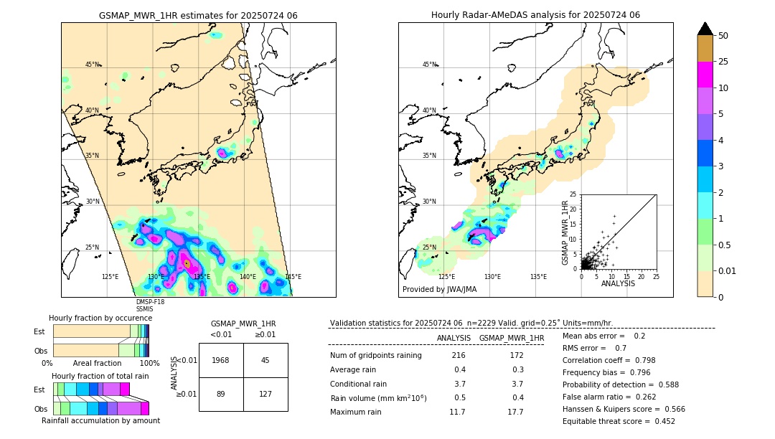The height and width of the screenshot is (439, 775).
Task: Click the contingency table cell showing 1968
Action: (x=221, y=360)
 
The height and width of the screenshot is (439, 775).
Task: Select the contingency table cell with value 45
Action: (x=266, y=360)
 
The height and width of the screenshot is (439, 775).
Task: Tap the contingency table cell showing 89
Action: (x=221, y=394)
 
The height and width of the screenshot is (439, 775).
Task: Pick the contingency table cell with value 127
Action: (x=266, y=394)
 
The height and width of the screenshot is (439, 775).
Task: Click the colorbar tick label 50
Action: (x=723, y=36)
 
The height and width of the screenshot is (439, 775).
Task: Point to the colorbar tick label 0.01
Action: (x=728, y=270)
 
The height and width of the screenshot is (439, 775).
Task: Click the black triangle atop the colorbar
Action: (x=705, y=29)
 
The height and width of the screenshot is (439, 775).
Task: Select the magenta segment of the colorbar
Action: (x=705, y=75)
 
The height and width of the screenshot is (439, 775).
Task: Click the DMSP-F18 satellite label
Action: (x=150, y=302)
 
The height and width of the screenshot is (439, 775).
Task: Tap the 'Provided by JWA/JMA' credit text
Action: (x=439, y=289)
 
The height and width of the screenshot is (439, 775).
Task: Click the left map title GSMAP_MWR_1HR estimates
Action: (x=198, y=15)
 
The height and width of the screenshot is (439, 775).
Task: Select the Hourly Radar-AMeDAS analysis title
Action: (x=535, y=15)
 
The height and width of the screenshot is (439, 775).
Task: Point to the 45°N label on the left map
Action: (x=93, y=65)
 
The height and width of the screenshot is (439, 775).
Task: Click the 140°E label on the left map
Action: (x=248, y=276)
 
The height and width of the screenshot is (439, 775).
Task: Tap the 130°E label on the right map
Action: (x=492, y=276)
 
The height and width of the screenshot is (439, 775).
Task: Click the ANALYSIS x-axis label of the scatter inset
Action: (x=619, y=284)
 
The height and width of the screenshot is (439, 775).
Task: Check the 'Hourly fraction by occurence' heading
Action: (x=100, y=318)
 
